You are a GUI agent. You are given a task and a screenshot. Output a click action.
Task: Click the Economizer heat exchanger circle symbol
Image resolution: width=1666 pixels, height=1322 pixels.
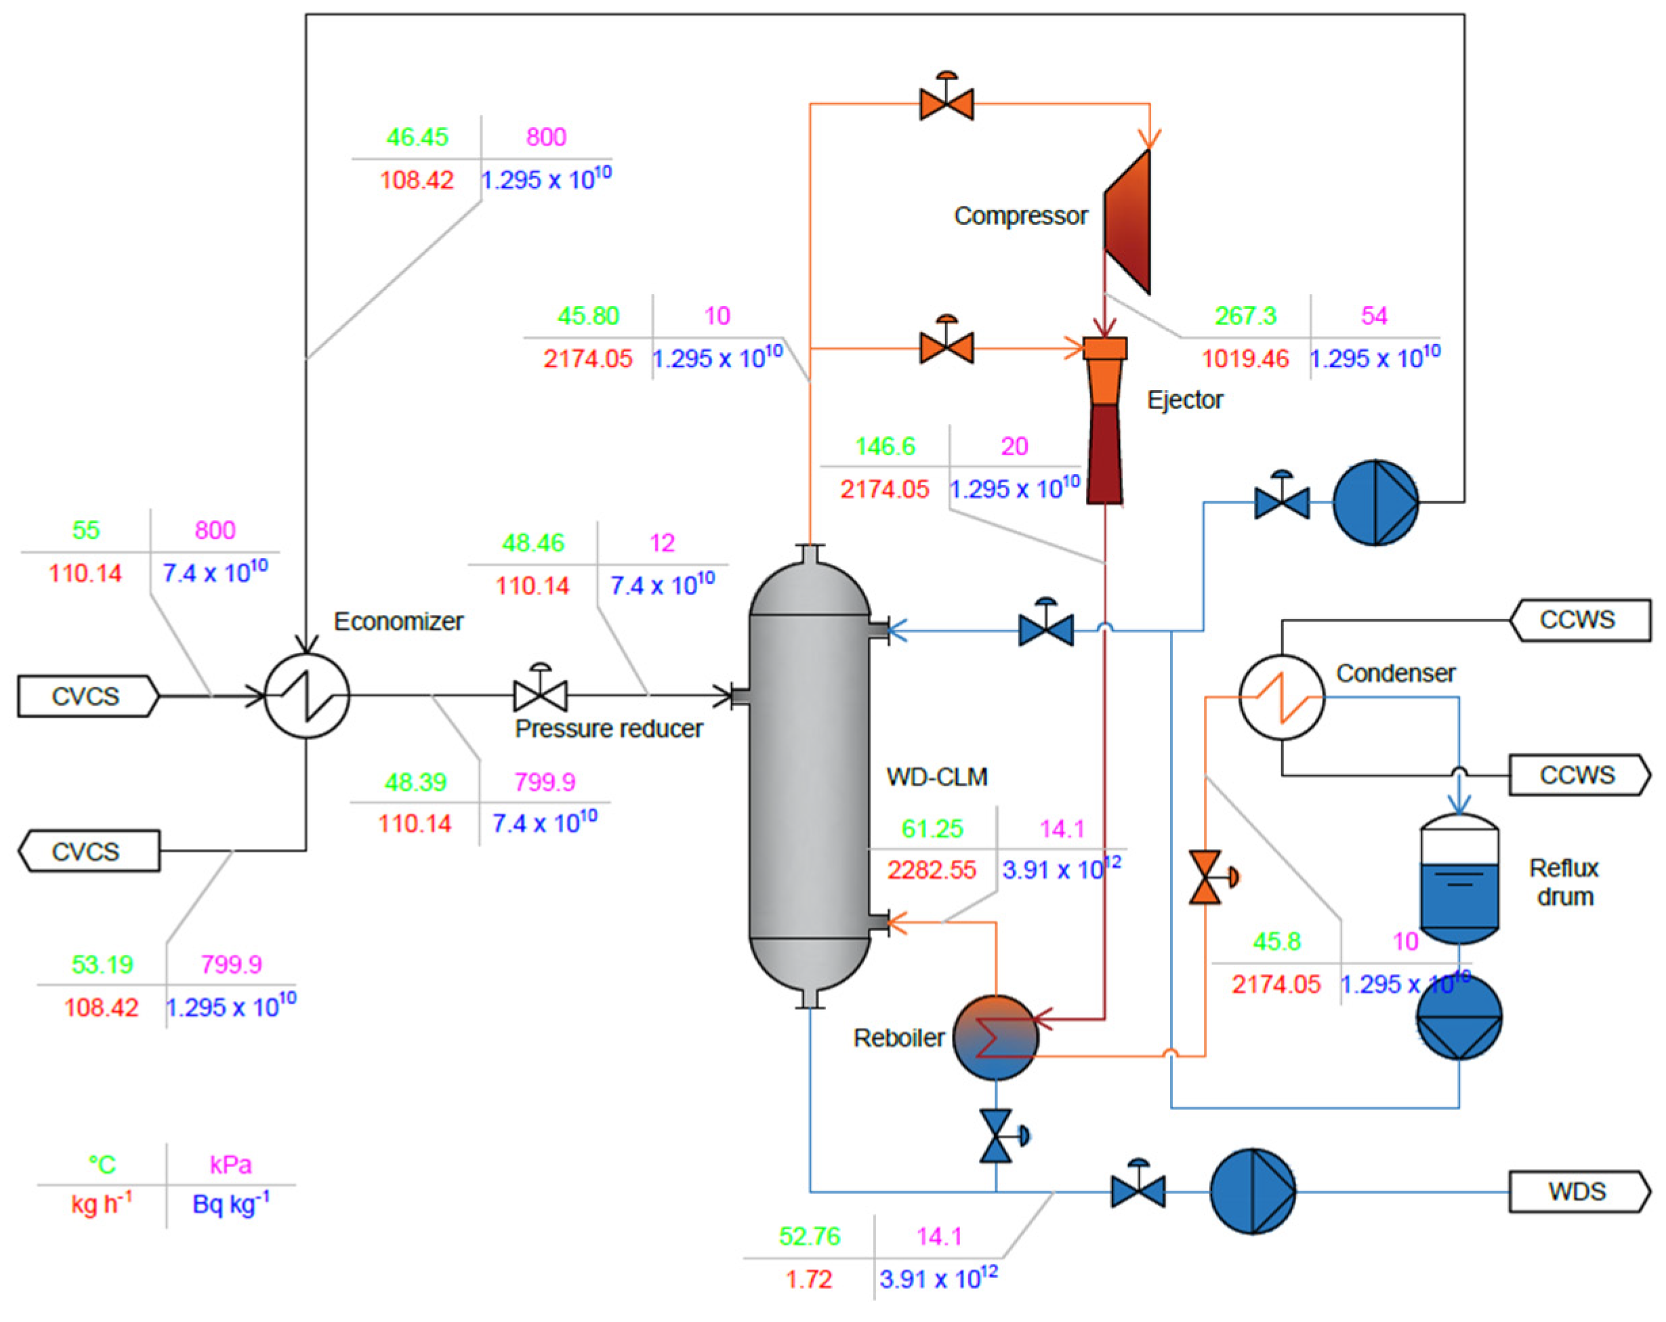[x=307, y=696]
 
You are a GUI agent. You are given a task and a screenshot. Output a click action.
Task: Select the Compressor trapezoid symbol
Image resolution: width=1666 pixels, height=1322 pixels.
[x=1127, y=221]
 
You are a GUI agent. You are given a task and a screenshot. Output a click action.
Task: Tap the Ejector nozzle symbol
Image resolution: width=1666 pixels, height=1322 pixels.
[x=1104, y=421]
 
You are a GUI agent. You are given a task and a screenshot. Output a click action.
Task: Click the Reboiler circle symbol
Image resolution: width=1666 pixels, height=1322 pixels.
[x=995, y=1037]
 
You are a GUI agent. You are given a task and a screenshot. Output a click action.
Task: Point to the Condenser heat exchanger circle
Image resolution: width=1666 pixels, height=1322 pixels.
[x=1281, y=697]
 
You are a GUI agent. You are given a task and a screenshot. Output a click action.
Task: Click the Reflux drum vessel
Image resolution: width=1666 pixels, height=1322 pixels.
[x=1459, y=879]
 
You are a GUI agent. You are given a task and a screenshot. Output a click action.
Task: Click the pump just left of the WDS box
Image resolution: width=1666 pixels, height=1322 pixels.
[x=1252, y=1191]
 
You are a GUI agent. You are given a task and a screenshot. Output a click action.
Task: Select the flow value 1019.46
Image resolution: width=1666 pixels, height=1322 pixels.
[x=1245, y=358]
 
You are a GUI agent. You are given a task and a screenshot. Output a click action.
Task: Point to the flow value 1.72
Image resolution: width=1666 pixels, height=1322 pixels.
[x=808, y=1279]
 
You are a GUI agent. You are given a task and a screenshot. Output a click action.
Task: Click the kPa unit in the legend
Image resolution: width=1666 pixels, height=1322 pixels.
[x=230, y=1164]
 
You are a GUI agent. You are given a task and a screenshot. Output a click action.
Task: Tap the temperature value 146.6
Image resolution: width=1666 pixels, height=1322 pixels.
[x=885, y=446]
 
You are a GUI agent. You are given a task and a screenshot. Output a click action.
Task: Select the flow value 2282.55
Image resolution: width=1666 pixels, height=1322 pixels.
[x=931, y=870]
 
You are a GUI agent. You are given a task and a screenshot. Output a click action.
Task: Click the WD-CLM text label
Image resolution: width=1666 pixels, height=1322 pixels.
[x=936, y=777]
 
